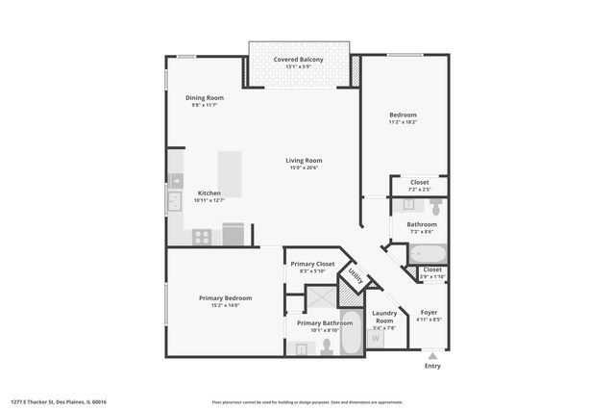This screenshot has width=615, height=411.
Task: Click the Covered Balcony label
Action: coord(298,60)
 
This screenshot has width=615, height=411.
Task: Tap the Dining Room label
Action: coord(204,97)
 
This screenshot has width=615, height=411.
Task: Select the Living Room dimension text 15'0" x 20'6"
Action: coord(303,168)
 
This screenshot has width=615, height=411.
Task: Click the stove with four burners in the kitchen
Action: coord(202,236)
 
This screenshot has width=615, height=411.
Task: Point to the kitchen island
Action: coord(229,174)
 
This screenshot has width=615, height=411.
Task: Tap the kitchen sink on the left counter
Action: coord(174,201)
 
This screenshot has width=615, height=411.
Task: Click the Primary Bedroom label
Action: coord(225,297)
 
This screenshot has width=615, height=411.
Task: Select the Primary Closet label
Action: coord(312,264)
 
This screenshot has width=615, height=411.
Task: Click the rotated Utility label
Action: coord(355,277)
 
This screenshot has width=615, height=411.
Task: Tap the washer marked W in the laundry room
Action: coord(377,338)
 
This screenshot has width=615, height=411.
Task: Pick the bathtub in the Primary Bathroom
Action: coord(351,333)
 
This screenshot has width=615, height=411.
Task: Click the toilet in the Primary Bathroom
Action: coord(327,347)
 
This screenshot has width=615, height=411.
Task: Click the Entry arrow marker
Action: coord(431,356)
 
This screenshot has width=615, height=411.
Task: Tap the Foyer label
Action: coord(429,313)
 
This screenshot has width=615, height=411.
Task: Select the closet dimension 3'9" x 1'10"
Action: coord(432,277)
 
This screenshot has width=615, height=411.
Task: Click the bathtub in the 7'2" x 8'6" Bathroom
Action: coord(427,254)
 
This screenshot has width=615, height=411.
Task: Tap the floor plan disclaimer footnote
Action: coord(307,401)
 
